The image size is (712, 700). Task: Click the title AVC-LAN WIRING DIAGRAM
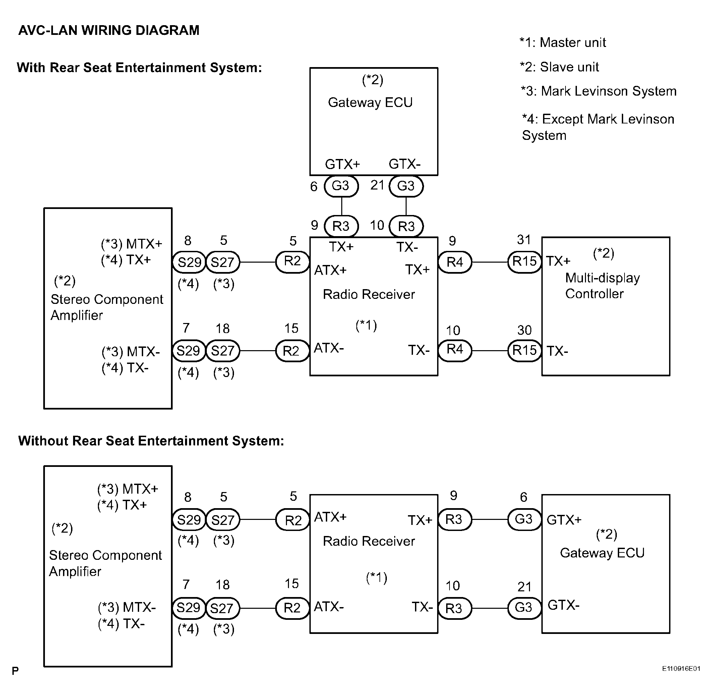tap(109, 30)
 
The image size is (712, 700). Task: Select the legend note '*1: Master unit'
tap(562, 43)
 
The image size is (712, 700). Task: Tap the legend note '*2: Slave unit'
tap(559, 67)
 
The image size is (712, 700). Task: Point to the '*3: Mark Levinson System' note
tap(598, 91)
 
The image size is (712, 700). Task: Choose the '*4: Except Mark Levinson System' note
tap(598, 127)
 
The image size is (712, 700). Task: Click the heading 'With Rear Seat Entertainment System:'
tap(139, 68)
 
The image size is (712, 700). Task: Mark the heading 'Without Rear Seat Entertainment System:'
tap(151, 441)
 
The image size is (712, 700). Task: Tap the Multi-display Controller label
tap(602, 286)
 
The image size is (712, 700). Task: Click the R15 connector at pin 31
tap(525, 262)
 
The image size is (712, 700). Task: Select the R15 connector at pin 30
tap(525, 351)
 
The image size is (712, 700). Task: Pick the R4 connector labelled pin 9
tap(455, 262)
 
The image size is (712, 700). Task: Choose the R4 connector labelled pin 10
tap(455, 350)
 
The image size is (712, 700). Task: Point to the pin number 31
tap(524, 240)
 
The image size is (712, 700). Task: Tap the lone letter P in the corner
tap(15, 671)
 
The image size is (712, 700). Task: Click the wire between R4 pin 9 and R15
tap(490, 262)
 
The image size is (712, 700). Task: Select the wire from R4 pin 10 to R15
tap(490, 351)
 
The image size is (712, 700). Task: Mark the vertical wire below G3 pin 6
tap(342, 206)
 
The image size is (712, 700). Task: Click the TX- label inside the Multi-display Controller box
tap(557, 351)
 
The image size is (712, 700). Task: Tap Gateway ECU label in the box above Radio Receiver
tap(370, 103)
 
